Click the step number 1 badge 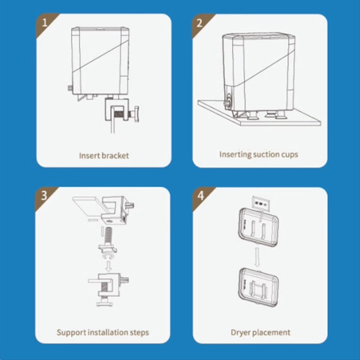coord(44,23)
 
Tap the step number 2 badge coord(200,23)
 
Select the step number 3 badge coord(44,196)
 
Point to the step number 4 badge coord(200,196)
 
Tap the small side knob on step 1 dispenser coord(69,88)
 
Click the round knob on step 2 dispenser coord(228,103)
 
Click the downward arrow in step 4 coord(257,256)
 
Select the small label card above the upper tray coord(261,203)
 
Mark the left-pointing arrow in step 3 coord(92,220)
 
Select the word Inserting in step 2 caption coord(235,154)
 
